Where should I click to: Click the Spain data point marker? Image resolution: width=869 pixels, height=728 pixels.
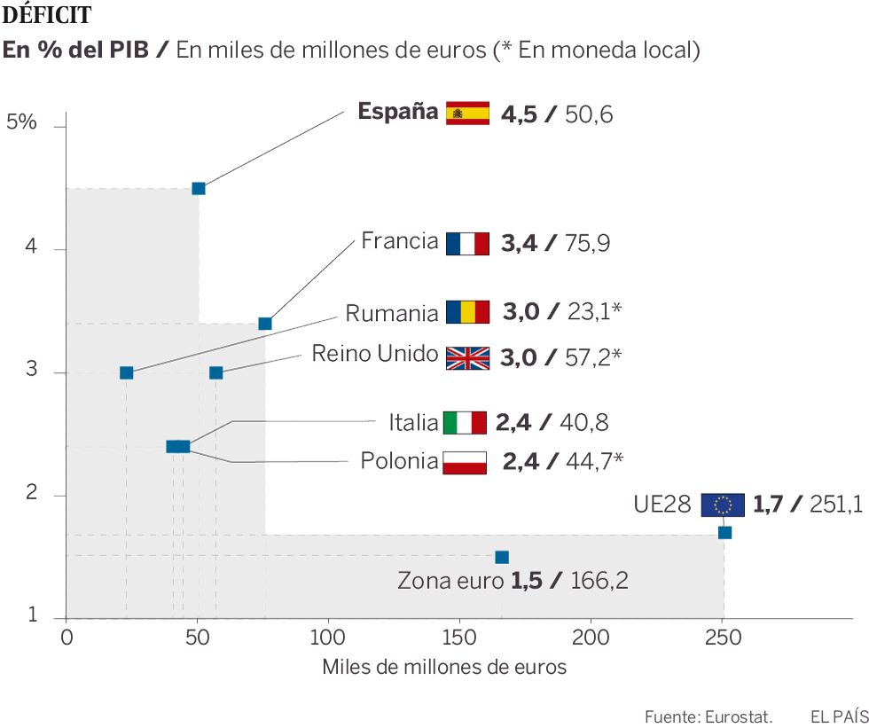point(199,188)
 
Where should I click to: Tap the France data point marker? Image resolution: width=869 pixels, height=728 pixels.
point(264,324)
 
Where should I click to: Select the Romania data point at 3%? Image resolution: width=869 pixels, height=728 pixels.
point(126,372)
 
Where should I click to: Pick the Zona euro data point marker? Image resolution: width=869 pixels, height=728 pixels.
point(502,557)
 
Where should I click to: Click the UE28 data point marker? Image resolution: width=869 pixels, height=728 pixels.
point(724,532)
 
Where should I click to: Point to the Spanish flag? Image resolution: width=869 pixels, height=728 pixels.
point(467,113)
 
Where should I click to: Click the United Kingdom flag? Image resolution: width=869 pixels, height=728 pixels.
point(467,357)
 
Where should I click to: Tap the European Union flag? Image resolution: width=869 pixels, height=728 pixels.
point(723,505)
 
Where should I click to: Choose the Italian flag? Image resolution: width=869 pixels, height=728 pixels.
point(465,423)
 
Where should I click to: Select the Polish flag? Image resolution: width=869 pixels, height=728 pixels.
point(465,462)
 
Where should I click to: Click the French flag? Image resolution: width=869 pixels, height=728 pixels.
point(467,243)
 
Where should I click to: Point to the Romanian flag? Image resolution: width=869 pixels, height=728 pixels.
point(467,312)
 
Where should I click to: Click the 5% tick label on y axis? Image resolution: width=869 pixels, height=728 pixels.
point(21,122)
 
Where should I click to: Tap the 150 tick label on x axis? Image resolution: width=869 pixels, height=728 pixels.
point(459,637)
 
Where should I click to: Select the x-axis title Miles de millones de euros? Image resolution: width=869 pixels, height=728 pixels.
point(444,667)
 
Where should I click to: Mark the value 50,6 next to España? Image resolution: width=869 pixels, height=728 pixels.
point(589,114)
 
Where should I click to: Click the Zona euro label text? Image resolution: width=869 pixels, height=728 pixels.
point(451,582)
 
